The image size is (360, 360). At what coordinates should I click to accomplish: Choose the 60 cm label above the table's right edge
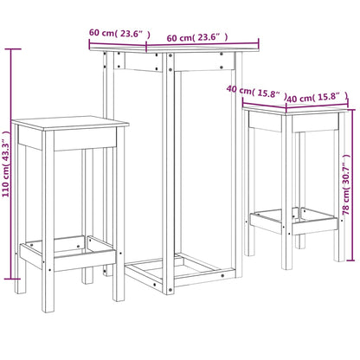tap(198, 37)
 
